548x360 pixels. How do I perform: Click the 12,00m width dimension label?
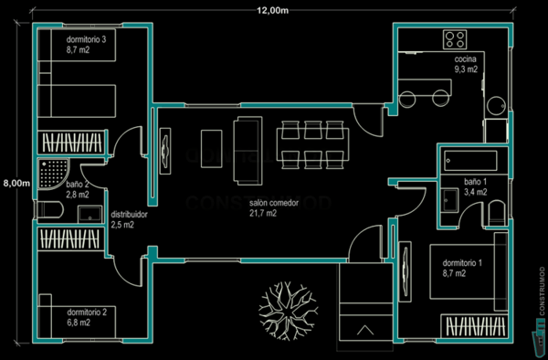point(273,10)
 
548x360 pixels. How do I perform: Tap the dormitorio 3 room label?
point(86,46)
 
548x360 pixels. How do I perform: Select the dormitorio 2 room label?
point(86,317)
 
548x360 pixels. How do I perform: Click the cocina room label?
point(466,63)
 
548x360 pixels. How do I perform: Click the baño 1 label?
point(476,187)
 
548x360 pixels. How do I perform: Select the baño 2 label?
point(78,189)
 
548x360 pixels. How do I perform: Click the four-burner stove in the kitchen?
point(455,39)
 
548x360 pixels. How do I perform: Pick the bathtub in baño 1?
point(469,162)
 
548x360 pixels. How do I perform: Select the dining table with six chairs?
point(313,141)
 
